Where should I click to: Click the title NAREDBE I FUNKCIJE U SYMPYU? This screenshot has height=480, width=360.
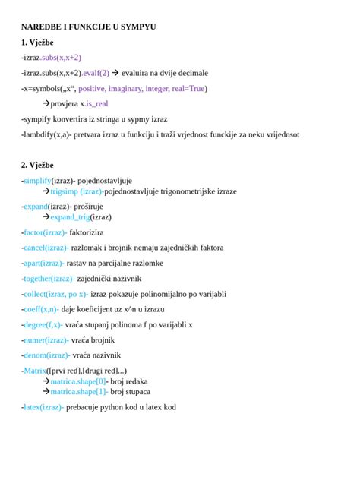point(89,27)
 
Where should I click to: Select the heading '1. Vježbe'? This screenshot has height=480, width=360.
point(37,42)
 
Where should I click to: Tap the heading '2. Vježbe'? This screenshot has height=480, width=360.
point(37,165)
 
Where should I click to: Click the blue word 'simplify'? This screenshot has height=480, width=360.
point(37,181)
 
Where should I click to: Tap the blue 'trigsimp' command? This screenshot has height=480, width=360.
point(65,191)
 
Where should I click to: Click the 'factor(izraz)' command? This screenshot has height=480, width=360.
point(45,232)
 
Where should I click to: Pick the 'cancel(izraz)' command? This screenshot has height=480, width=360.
point(46,248)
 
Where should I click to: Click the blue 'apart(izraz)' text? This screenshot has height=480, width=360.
point(44,263)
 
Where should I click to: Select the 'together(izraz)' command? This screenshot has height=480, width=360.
point(49,279)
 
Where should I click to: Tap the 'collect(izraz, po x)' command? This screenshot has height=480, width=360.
point(55,294)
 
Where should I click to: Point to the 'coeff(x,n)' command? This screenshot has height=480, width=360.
point(41,309)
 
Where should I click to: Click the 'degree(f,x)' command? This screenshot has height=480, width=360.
point(43,324)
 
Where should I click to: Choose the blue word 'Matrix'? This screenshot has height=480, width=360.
point(36,371)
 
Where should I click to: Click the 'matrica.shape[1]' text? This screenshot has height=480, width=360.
point(79,392)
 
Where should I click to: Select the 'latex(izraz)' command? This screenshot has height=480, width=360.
point(43,407)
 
